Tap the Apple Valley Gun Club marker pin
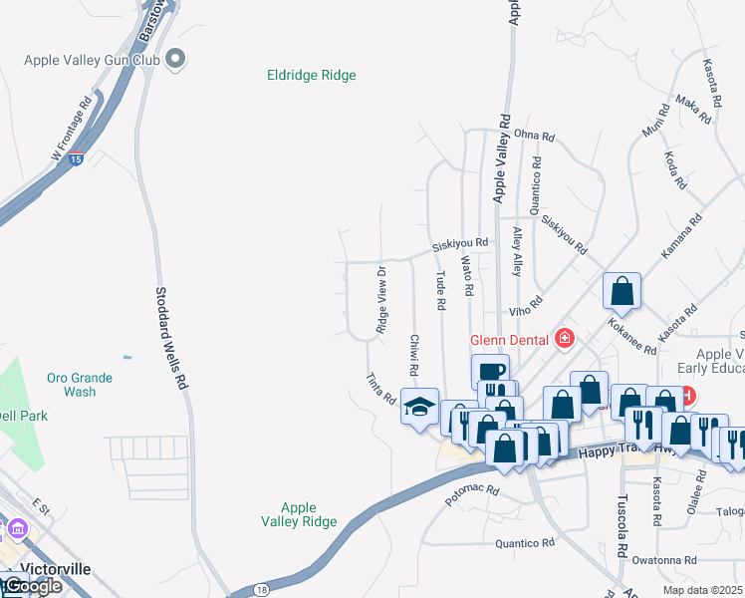pyautogui.click(x=176, y=60)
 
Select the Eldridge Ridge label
pyautogui.click(x=312, y=75)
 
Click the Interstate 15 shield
pyautogui.click(x=77, y=158)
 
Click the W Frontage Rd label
pyautogui.click(x=71, y=129)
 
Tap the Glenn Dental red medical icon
pyautogui.click(x=565, y=339)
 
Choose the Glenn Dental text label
pyautogui.click(x=510, y=339)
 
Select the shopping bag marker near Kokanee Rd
pyautogui.click(x=622, y=291)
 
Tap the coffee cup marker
pyautogui.click(x=490, y=372)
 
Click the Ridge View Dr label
pyautogui.click(x=381, y=299)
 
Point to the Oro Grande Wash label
pyautogui.click(x=79, y=385)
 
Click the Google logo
pyautogui.click(x=32, y=586)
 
